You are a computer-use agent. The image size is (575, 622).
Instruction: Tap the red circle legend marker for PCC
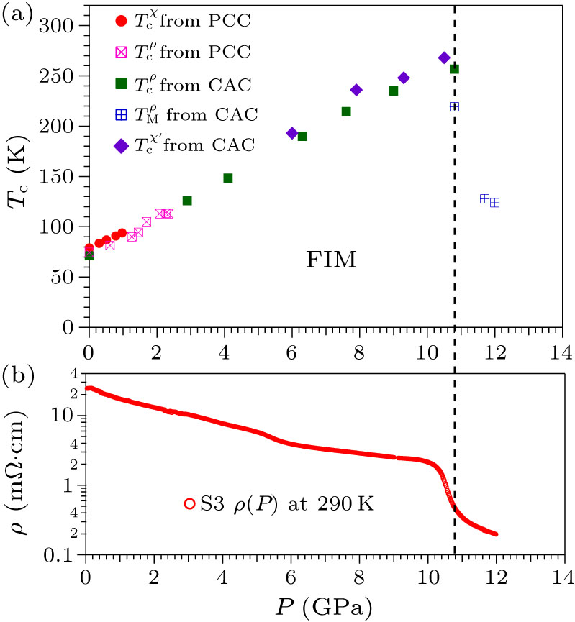tap(122, 21)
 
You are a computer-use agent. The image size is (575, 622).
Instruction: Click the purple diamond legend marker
tap(122, 145)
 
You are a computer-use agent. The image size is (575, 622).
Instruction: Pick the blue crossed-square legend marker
tap(122, 114)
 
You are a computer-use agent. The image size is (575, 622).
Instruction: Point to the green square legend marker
tap(122, 83)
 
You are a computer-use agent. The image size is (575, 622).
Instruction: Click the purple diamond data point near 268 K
tap(444, 58)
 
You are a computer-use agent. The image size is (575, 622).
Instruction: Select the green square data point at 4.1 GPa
tap(227, 178)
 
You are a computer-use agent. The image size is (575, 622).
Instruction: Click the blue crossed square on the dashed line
tap(454, 106)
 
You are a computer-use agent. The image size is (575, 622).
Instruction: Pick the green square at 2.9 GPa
tap(187, 201)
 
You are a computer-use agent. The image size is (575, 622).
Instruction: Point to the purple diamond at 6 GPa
tap(292, 133)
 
